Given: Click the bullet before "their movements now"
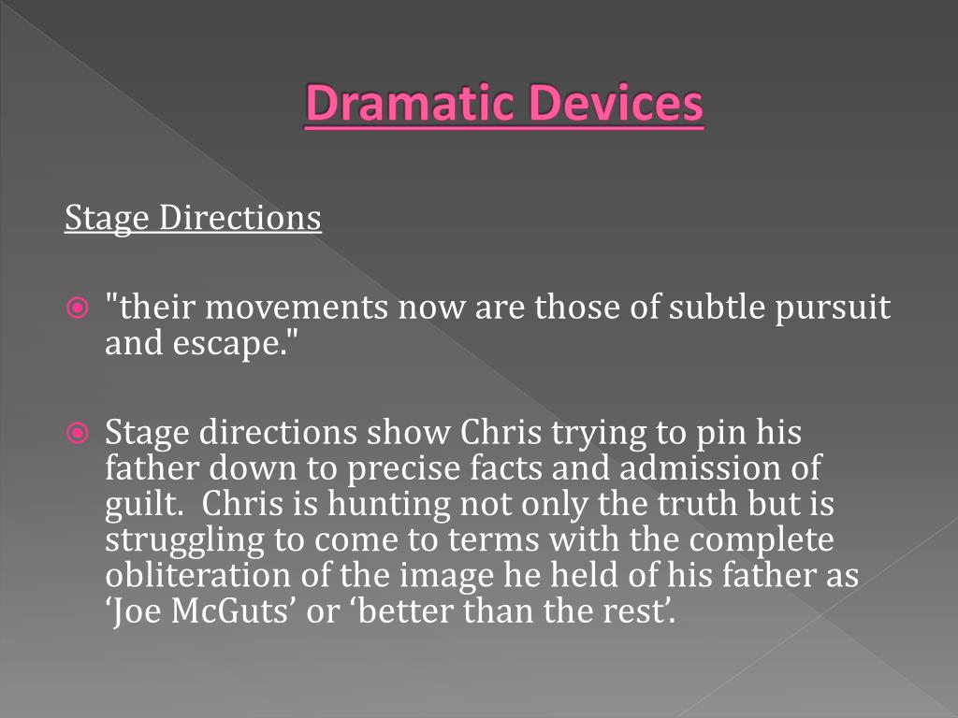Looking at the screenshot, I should click(79, 307).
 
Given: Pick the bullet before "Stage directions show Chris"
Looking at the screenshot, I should click(79, 433).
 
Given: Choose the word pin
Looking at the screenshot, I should click(718, 434).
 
